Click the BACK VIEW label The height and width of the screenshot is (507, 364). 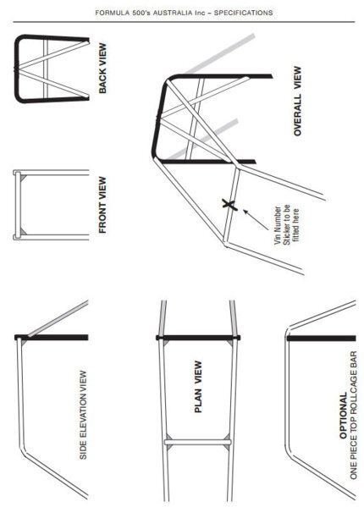click(102, 69)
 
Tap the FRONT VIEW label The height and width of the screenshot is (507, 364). click(102, 205)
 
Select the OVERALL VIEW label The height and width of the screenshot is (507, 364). click(297, 102)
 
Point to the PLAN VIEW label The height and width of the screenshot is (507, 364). click(198, 387)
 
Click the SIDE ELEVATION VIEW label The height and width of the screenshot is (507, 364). click(83, 415)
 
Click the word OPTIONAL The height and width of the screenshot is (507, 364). click(344, 416)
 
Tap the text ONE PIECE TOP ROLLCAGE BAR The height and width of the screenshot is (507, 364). click(353, 416)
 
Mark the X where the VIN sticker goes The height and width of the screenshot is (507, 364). click(229, 204)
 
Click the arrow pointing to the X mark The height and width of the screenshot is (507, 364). click(256, 220)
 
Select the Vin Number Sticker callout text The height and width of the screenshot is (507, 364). click(286, 224)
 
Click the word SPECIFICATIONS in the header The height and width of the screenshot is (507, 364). click(244, 13)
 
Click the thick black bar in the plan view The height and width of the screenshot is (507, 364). click(198, 338)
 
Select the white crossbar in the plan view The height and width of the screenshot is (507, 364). click(198, 442)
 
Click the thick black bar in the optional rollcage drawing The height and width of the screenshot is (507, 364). click(322, 339)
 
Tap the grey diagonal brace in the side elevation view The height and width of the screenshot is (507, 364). click(58, 319)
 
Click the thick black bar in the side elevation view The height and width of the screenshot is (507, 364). click(52, 337)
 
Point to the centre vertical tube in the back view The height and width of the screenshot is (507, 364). click(45, 69)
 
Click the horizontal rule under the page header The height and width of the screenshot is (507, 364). click(184, 22)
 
